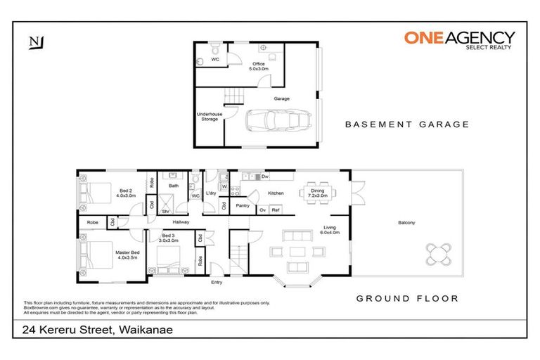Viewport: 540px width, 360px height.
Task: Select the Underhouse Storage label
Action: click(x=209, y=116)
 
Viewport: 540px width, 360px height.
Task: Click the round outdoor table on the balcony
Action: click(x=439, y=252)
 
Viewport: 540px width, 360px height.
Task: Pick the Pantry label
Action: click(x=243, y=206)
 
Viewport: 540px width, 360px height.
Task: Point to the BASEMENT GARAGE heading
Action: click(x=406, y=124)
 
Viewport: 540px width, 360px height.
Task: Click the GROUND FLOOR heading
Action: click(x=407, y=298)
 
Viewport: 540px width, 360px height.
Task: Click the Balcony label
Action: click(x=406, y=223)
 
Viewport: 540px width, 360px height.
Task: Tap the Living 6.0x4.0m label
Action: click(x=330, y=230)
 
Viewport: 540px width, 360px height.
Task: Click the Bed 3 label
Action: click(x=169, y=238)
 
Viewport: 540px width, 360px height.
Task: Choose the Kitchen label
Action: click(x=276, y=193)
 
